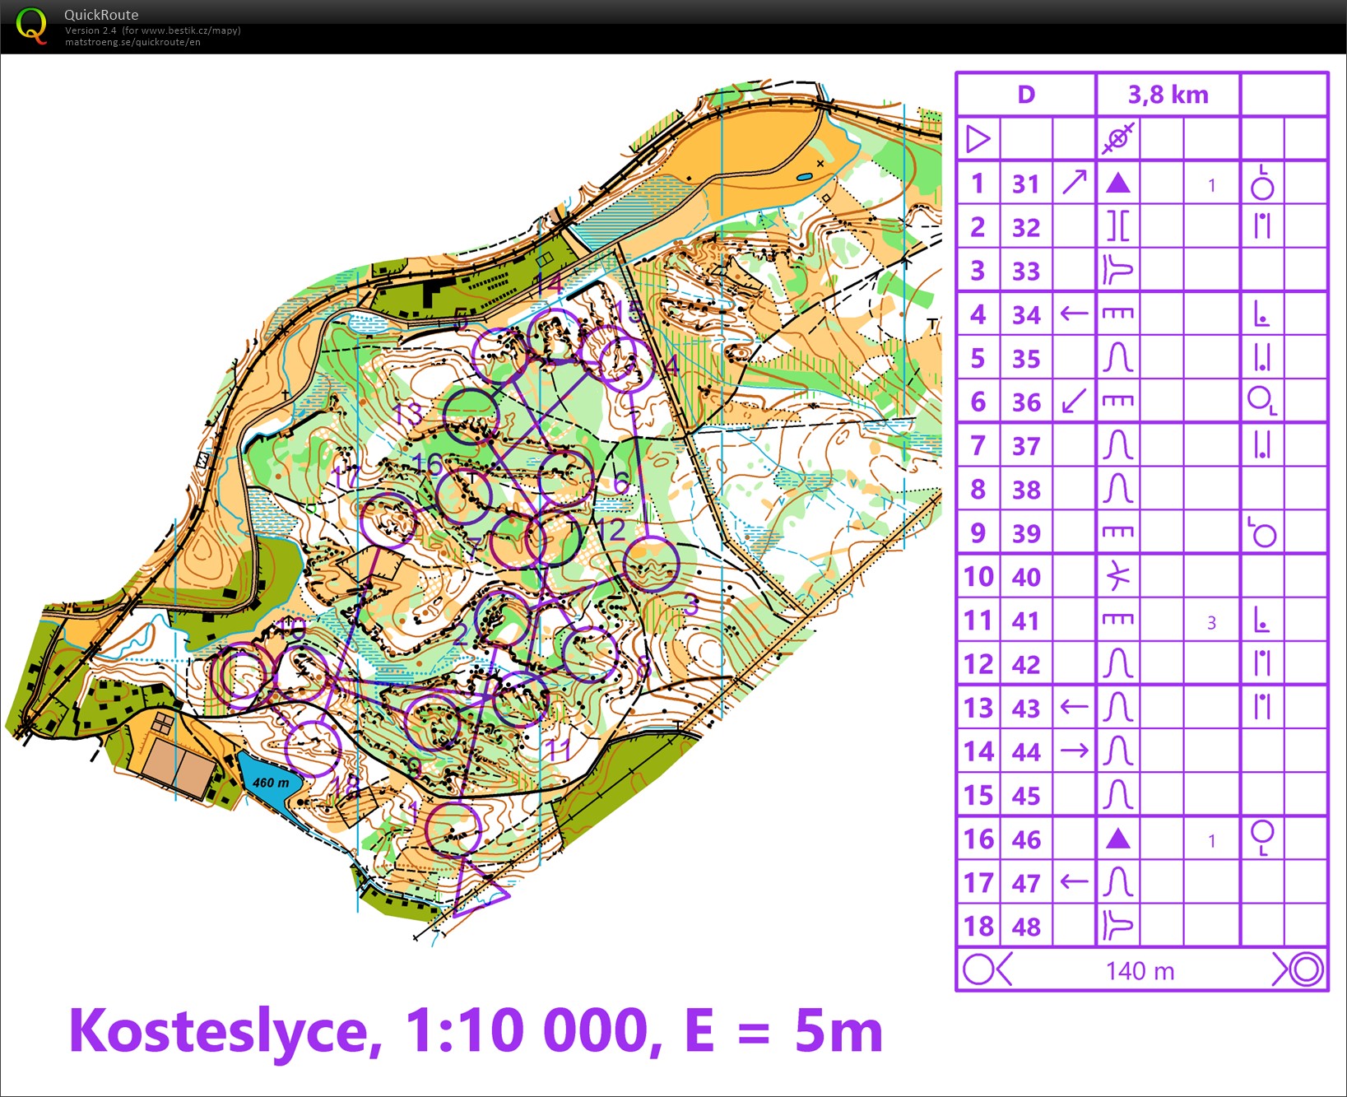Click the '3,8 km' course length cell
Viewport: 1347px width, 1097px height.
[1168, 95]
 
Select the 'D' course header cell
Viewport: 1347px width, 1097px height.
[1025, 95]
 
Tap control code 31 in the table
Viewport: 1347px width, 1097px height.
[1025, 184]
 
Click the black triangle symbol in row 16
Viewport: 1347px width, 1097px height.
[1117, 839]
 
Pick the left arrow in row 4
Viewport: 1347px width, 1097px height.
[1074, 314]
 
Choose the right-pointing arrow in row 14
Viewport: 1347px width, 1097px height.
[1074, 751]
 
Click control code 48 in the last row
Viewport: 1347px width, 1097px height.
[1026, 927]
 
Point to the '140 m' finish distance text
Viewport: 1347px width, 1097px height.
[1140, 971]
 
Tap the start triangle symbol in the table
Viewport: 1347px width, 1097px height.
[978, 138]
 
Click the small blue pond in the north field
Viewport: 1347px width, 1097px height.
[804, 177]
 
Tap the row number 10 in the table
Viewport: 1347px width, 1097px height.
[978, 576]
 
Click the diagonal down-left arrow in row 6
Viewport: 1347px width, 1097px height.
[1074, 401]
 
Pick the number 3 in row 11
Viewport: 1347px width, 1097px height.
[1211, 623]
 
